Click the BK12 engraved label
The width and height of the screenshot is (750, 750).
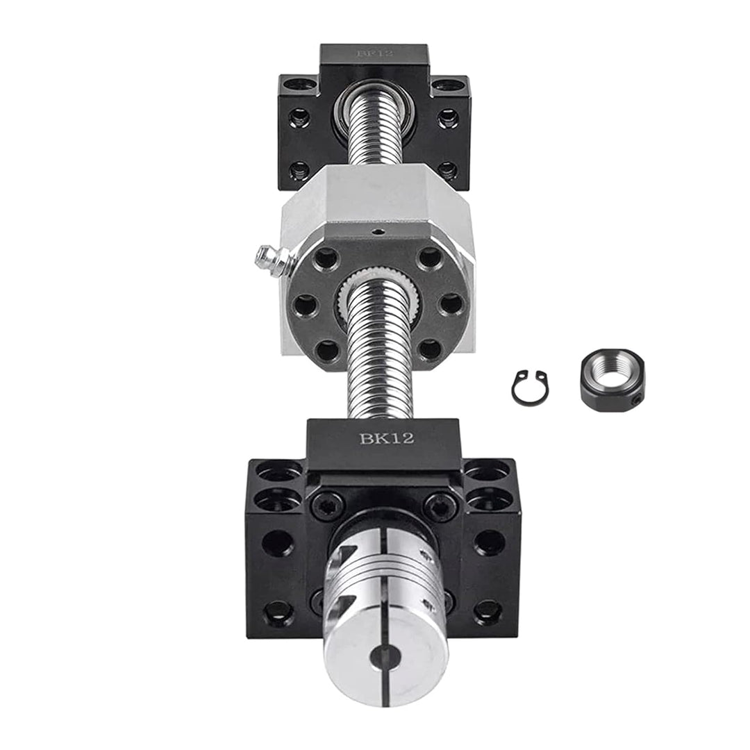click(386, 438)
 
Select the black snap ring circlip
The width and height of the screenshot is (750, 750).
click(530, 387)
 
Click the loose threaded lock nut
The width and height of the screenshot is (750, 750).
click(611, 380)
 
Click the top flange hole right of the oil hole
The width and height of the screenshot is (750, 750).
click(431, 258)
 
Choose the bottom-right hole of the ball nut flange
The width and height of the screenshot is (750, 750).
click(431, 349)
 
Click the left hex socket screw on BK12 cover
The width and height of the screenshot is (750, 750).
click(327, 505)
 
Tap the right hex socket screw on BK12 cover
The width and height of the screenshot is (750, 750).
click(440, 505)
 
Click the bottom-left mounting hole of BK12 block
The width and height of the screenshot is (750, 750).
click(278, 611)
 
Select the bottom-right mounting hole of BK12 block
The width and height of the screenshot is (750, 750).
click(488, 611)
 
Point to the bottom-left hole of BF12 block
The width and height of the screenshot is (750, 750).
click(299, 169)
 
